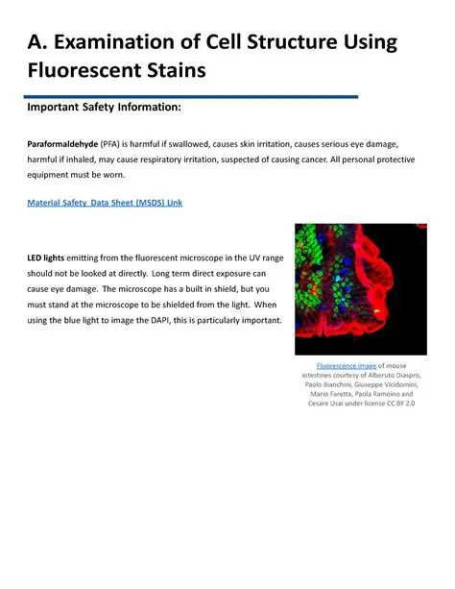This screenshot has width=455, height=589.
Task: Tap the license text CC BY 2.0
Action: coord(397,403)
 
